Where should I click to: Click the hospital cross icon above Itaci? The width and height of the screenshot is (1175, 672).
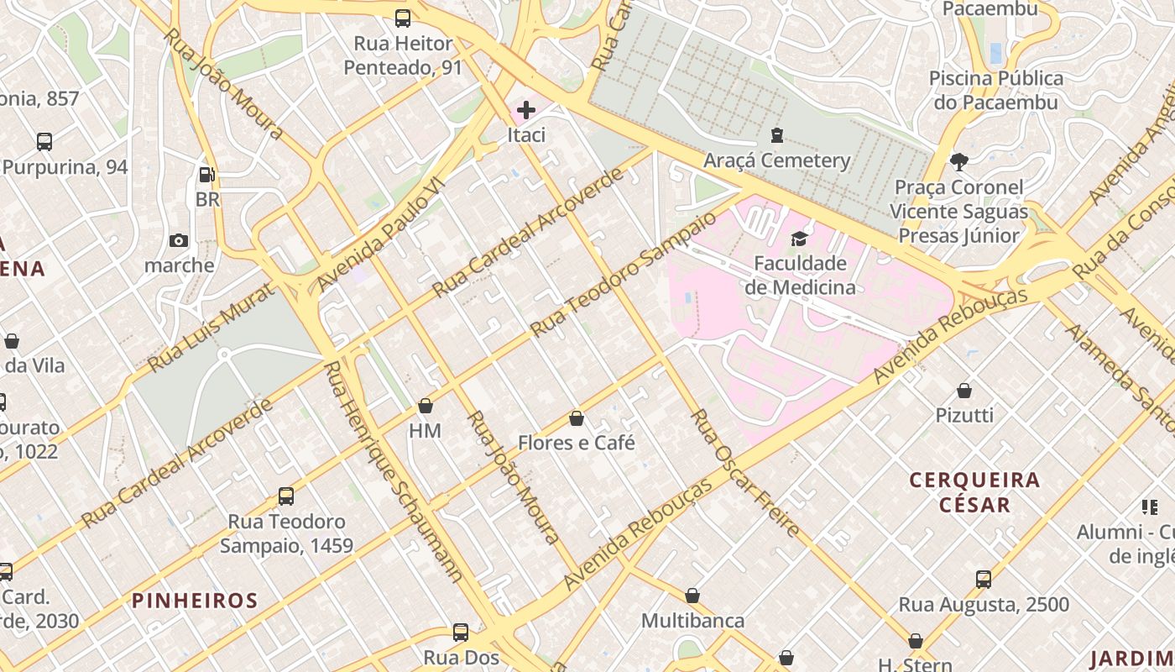tap(526, 110)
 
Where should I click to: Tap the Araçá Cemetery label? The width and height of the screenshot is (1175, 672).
tap(776, 160)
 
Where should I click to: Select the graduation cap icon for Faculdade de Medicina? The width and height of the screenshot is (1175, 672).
tap(799, 239)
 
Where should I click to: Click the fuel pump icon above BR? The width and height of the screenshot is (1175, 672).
tap(206, 175)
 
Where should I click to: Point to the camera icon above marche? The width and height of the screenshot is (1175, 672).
tap(179, 241)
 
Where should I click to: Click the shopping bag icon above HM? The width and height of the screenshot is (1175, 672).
tap(426, 407)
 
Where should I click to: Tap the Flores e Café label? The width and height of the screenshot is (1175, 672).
tap(576, 443)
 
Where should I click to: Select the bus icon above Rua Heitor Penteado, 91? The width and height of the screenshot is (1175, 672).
tap(403, 18)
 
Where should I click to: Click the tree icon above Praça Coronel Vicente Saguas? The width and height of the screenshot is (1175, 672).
tap(958, 161)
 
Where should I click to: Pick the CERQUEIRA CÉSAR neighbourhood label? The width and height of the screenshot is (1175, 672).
tap(975, 492)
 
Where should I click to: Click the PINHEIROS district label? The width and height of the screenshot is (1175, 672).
tap(195, 601)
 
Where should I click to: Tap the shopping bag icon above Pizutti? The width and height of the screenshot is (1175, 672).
tap(964, 391)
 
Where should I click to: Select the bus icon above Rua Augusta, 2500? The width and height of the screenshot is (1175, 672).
tap(984, 580)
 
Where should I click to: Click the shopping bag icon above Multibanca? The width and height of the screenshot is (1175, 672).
tap(692, 596)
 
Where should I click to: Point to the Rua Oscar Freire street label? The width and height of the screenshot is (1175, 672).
tap(744, 473)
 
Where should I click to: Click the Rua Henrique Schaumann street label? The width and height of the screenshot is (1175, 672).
tap(394, 472)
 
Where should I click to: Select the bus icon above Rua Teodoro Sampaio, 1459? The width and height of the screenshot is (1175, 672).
tap(286, 496)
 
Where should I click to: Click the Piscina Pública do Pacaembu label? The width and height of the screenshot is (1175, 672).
tap(996, 90)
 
